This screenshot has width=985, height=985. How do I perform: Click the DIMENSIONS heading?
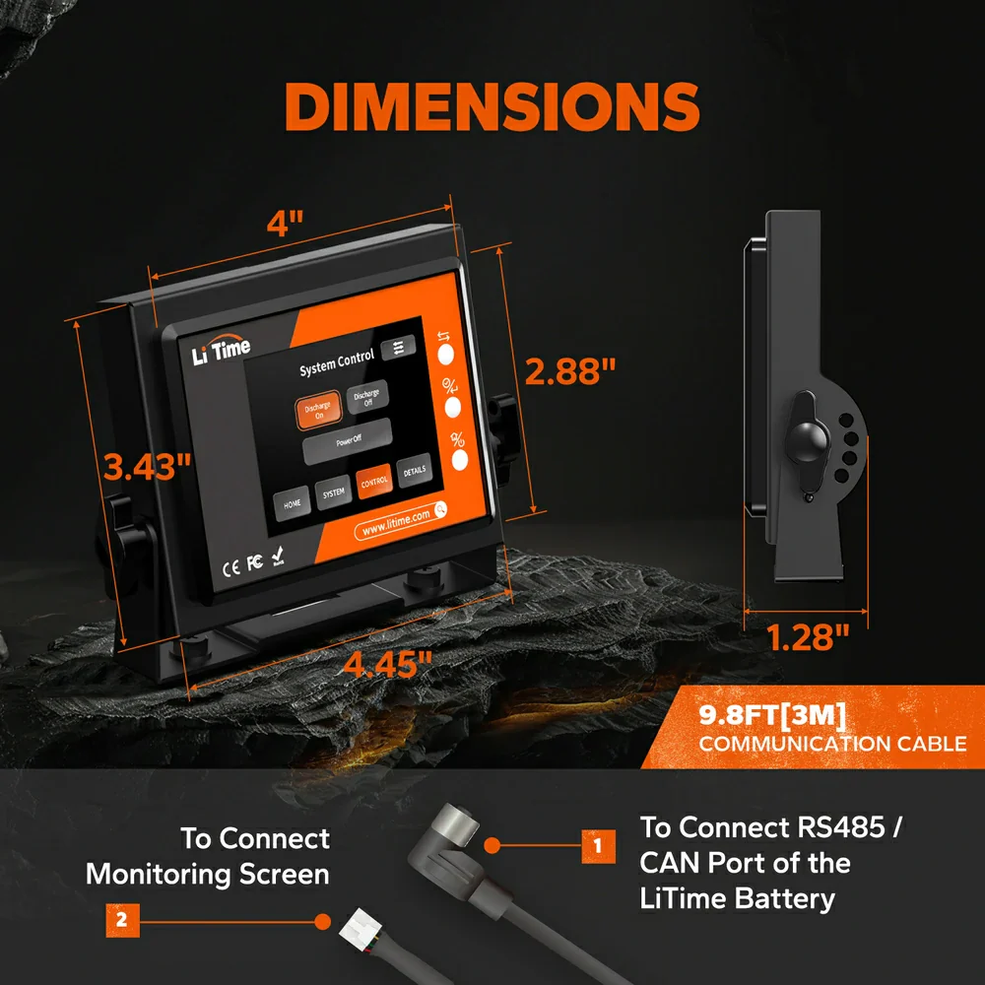(x=492, y=106)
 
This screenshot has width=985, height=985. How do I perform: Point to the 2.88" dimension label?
(x=570, y=371)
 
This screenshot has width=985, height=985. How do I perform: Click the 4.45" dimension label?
(x=387, y=663)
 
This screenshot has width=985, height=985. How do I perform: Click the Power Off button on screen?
(x=347, y=441)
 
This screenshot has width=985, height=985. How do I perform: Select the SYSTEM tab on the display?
(x=334, y=492)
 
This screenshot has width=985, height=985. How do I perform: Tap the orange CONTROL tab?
(x=374, y=482)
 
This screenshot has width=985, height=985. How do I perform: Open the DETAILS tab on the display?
(x=414, y=471)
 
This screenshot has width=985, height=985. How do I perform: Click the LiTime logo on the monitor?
(x=221, y=350)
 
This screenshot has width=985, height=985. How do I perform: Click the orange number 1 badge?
(x=597, y=844)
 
